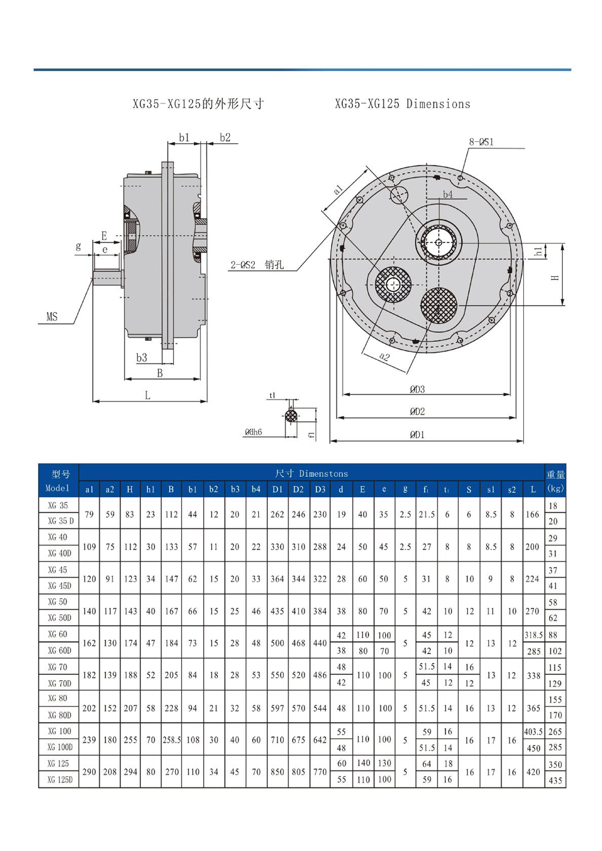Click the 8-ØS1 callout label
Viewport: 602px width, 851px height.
click(x=481, y=142)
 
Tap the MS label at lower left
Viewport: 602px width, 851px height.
click(x=52, y=317)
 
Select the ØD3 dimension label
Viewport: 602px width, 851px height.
click(x=417, y=389)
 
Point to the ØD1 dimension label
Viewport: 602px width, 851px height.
click(x=417, y=435)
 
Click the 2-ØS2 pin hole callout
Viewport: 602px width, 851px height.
click(x=256, y=265)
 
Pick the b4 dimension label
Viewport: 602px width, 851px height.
click(x=447, y=194)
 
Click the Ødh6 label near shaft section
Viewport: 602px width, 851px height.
click(x=253, y=432)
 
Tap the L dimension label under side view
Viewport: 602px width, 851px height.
click(x=147, y=395)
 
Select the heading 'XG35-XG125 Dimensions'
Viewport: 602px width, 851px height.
click(x=402, y=104)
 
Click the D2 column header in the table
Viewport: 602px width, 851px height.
click(x=298, y=489)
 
